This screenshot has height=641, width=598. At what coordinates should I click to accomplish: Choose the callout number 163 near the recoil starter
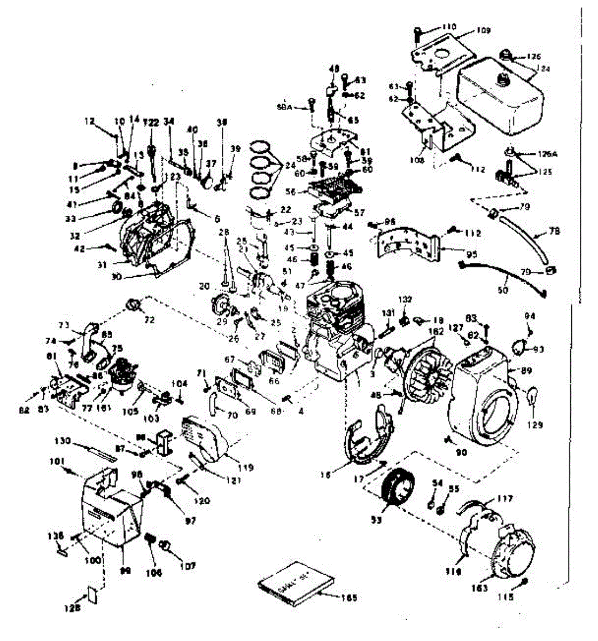tap(479, 588)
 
